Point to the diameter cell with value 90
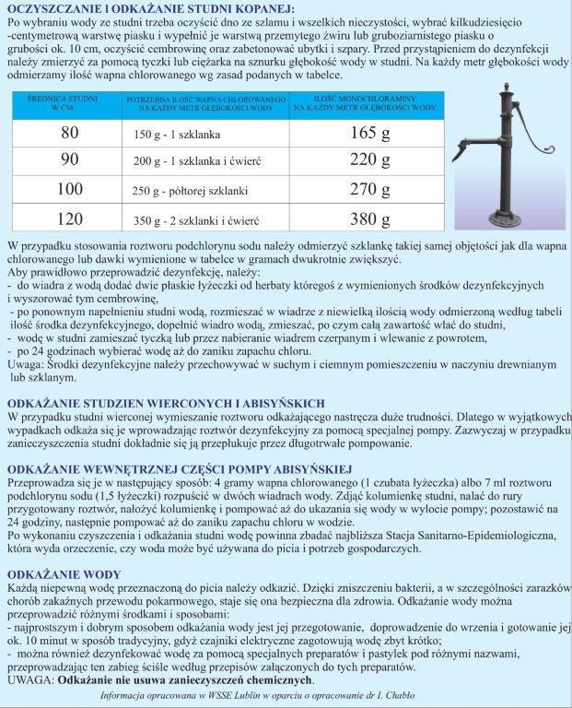pyautogui.click(x=70, y=160)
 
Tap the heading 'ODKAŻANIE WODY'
pyautogui.click(x=53, y=572)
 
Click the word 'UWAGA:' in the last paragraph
pyautogui.click(x=30, y=680)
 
